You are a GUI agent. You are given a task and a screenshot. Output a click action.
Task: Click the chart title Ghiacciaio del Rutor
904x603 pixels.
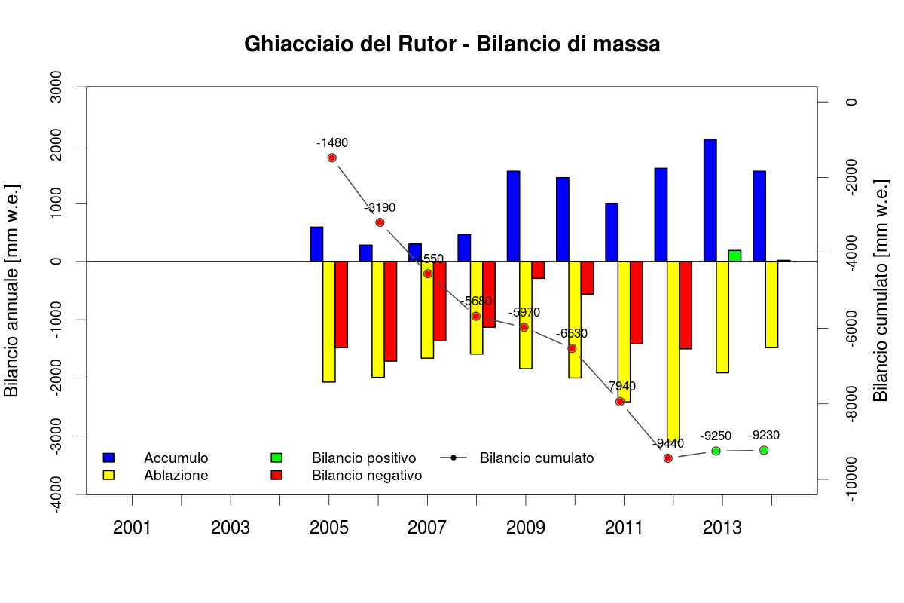452,44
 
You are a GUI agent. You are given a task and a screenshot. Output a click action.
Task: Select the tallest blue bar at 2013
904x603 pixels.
710,200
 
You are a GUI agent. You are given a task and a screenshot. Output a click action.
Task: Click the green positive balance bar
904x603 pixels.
734,256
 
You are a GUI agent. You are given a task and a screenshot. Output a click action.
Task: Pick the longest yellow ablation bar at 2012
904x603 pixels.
673,350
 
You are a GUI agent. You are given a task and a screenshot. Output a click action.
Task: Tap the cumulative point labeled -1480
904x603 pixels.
331,158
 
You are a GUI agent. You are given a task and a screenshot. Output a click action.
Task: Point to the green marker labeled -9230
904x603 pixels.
764,450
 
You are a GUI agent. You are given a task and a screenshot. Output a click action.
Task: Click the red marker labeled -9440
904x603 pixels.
668,458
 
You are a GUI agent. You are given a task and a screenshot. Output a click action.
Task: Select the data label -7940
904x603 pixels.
620,387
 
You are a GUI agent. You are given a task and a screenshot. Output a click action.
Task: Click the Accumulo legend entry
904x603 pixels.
176,458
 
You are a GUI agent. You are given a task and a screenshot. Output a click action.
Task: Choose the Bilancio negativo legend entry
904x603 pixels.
366,476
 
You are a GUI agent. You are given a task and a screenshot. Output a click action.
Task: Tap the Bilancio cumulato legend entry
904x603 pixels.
536,458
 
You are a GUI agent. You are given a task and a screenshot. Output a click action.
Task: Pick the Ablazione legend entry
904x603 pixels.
176,476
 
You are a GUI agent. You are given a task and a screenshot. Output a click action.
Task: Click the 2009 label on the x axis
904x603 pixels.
526,528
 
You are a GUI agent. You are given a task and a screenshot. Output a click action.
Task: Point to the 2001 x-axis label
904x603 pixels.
132,528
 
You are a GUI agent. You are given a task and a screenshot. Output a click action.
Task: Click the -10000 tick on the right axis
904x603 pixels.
853,479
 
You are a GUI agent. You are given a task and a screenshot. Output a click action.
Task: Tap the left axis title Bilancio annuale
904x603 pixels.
12,290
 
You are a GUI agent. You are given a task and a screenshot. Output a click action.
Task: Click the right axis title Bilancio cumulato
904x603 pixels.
880,290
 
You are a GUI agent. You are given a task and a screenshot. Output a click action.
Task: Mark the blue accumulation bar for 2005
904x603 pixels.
316,244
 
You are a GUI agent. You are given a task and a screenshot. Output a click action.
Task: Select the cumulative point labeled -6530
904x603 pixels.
572,348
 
